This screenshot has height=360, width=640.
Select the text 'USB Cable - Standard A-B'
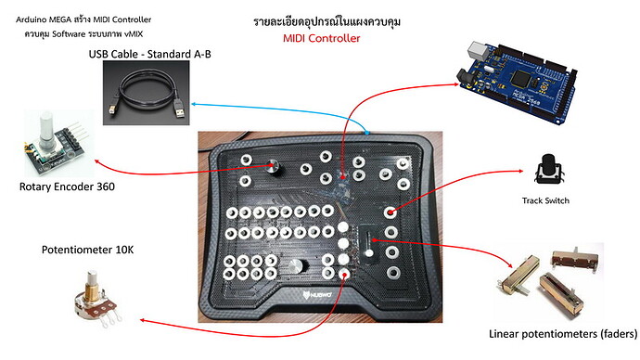pyautogui.click(x=150, y=55)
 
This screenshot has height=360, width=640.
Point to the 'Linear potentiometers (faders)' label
pyautogui.click(x=559, y=333)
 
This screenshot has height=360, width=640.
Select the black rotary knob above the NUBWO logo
pyautogui.click(x=299, y=267)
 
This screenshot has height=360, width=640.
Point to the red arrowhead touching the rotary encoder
pyautogui.click(x=85, y=171)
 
